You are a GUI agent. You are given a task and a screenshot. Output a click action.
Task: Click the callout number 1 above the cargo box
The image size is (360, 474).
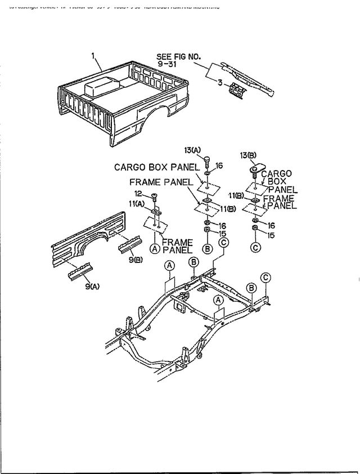93,56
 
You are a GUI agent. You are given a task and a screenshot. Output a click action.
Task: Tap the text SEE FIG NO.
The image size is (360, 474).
178,56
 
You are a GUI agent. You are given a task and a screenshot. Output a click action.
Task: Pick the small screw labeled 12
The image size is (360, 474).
156,197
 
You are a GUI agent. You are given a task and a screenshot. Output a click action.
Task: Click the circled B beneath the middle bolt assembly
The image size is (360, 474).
207,248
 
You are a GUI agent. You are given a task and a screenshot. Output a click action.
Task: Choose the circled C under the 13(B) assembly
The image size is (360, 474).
255,246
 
